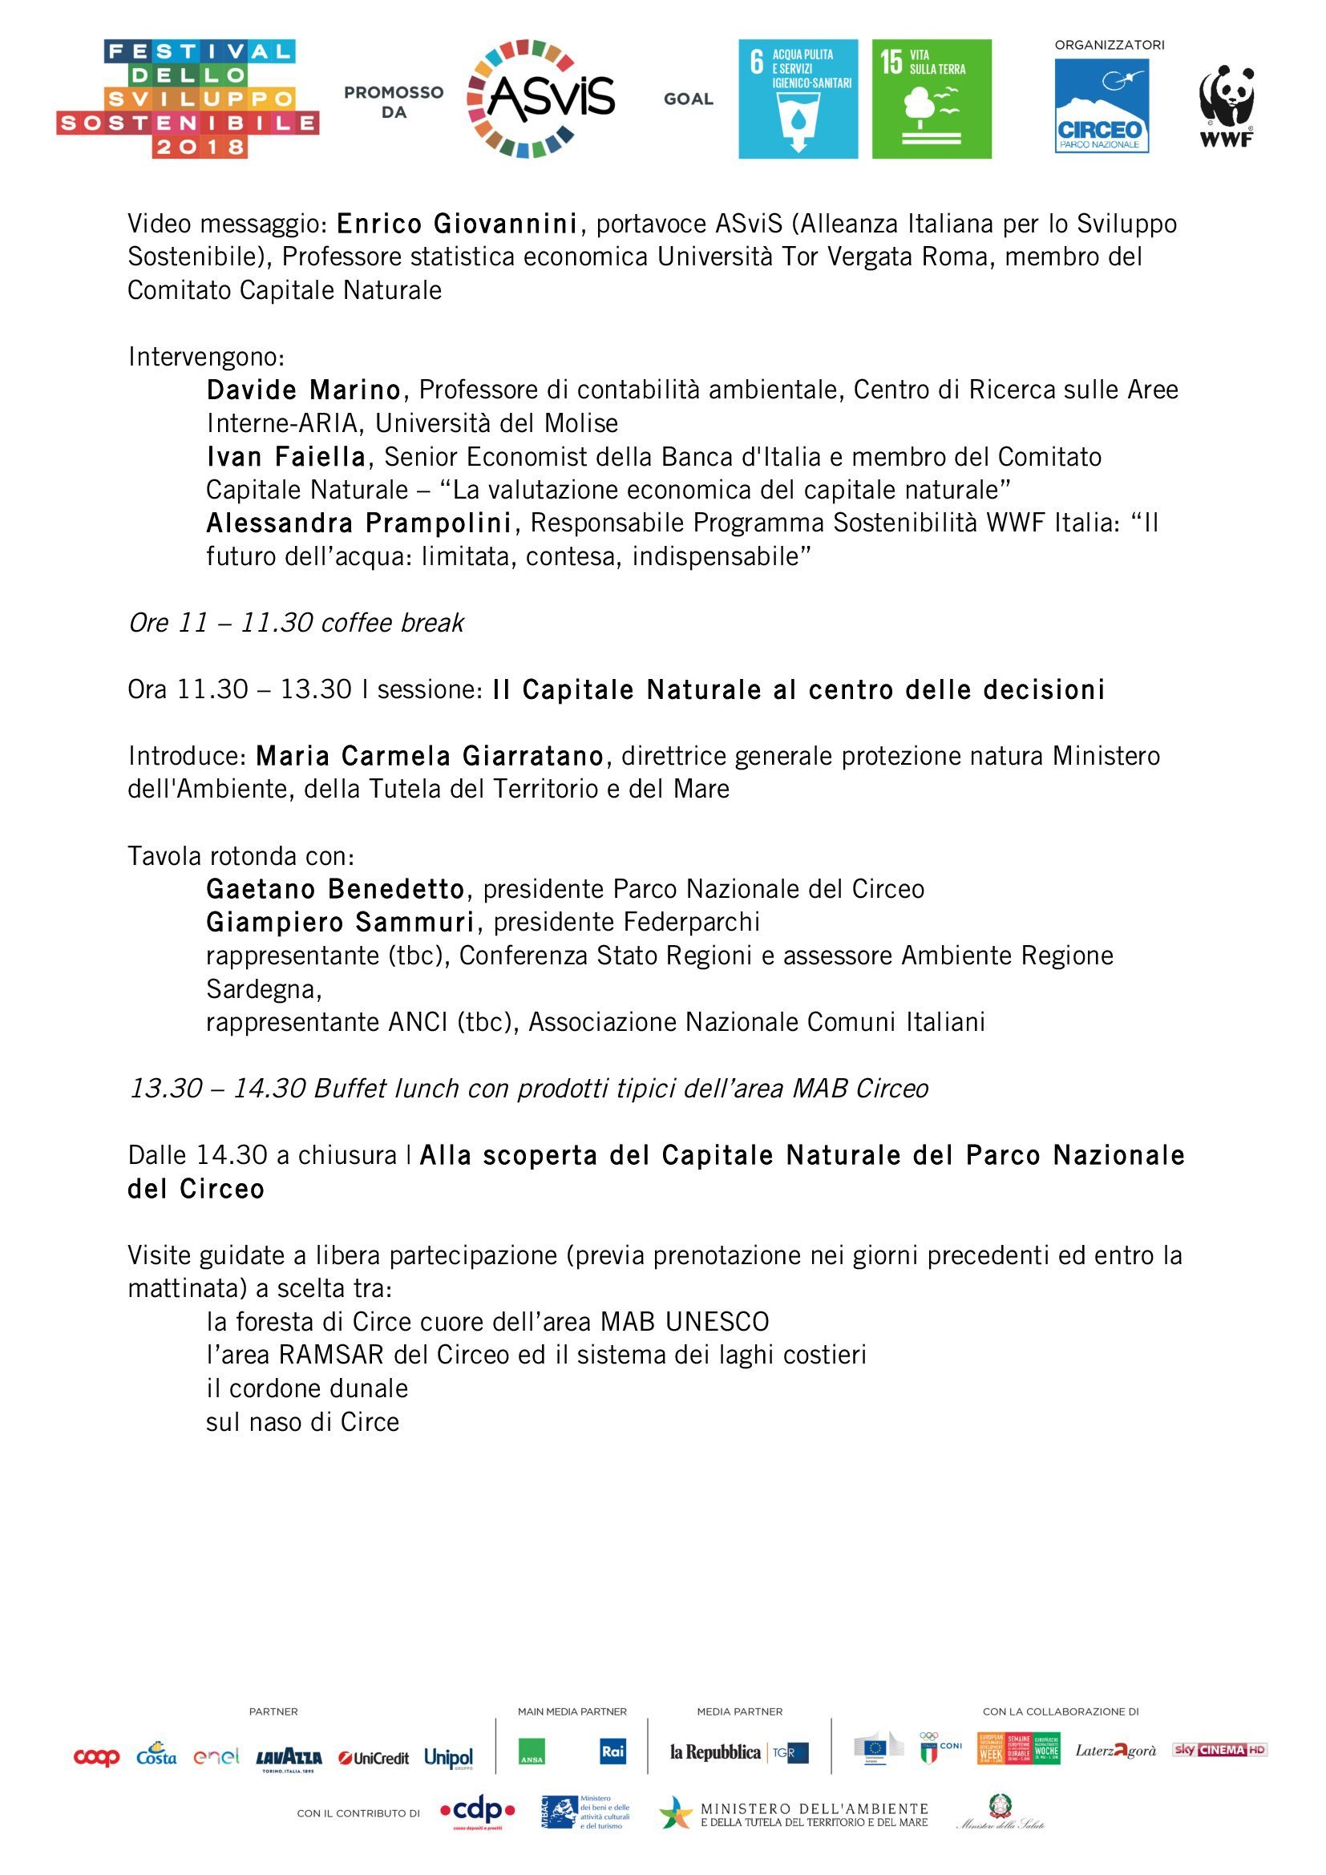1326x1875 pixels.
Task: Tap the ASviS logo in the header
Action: [540, 99]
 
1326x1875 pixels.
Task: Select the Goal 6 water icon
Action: [798, 99]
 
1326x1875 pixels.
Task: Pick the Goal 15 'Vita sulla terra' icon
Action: [932, 99]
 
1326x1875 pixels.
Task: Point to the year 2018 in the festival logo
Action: [200, 147]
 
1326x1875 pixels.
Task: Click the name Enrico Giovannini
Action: [457, 223]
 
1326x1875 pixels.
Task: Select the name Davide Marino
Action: [303, 390]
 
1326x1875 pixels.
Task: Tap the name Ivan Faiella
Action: [285, 455]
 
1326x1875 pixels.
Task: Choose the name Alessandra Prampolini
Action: [358, 522]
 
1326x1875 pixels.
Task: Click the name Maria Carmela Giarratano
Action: [430, 755]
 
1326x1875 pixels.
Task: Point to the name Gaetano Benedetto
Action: [336, 887]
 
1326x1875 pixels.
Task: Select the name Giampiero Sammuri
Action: [341, 921]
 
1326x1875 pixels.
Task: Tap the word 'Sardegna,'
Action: [264, 989]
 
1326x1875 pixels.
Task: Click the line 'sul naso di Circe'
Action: [302, 1422]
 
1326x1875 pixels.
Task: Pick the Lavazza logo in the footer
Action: [289, 1757]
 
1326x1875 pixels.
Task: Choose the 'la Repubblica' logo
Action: [715, 1752]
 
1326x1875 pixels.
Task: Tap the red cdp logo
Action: [478, 1812]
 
